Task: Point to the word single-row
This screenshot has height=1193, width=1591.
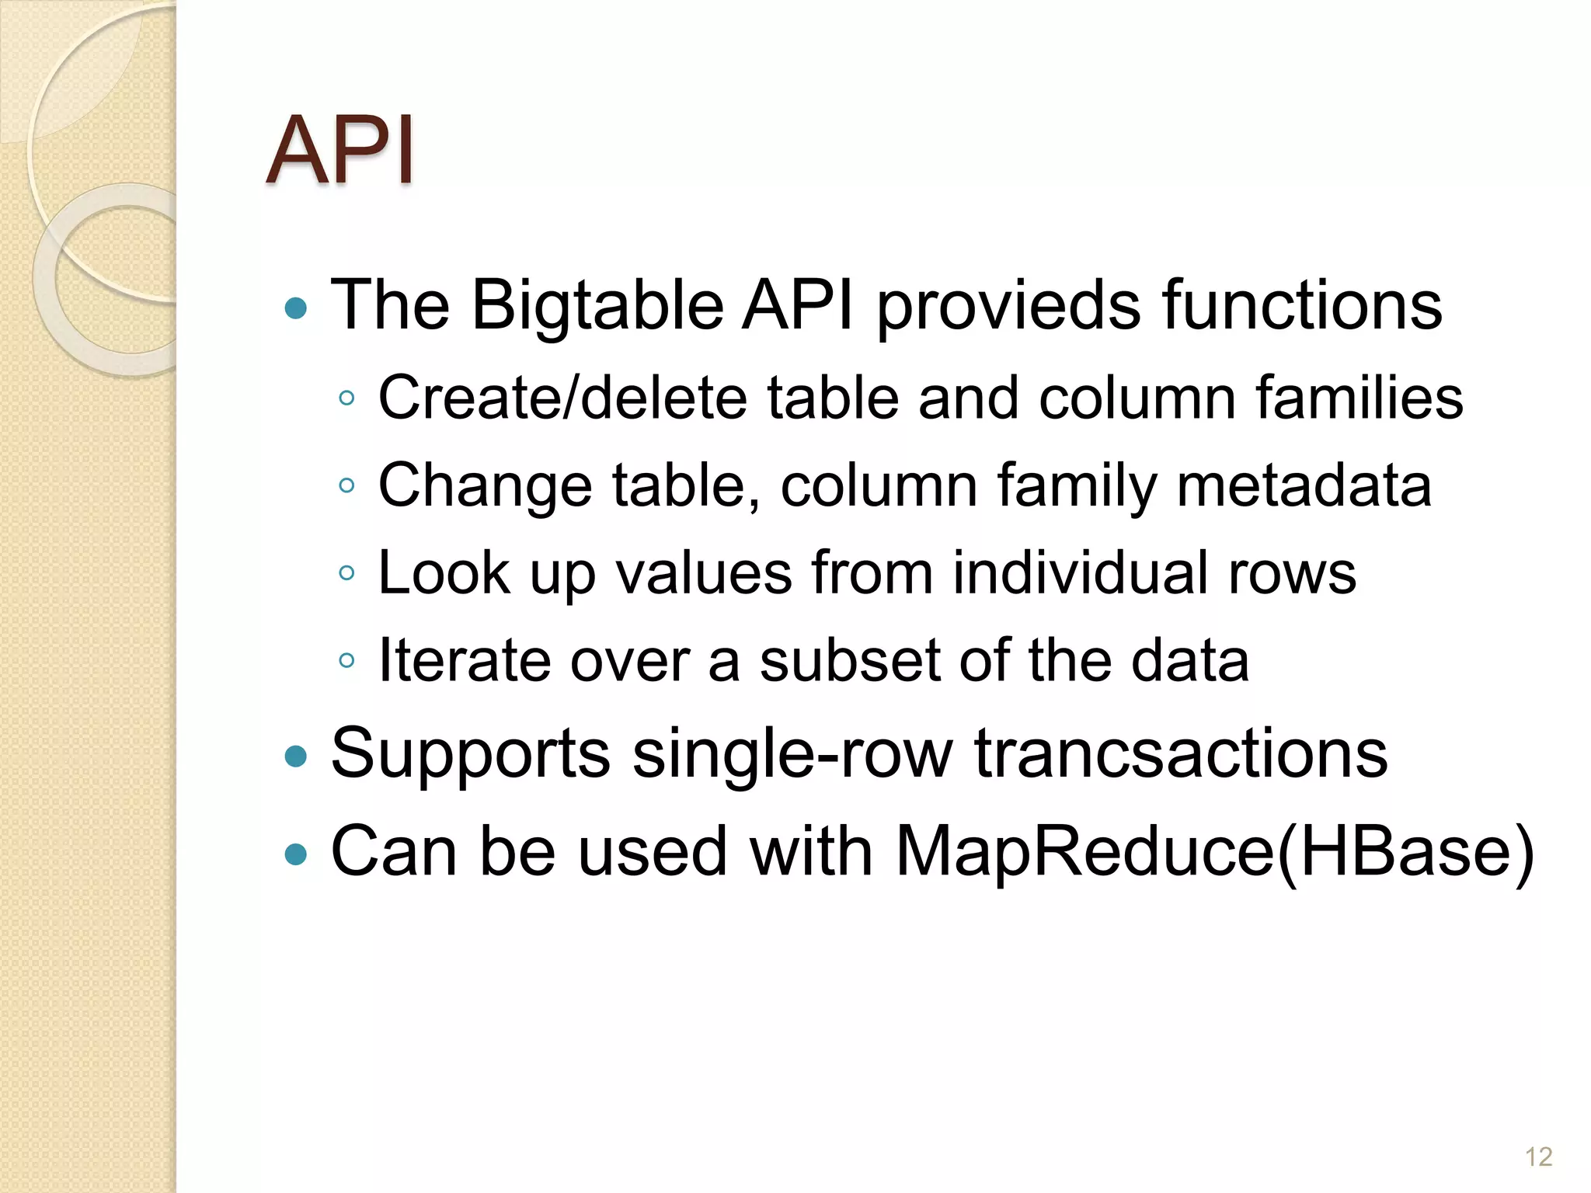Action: (x=792, y=754)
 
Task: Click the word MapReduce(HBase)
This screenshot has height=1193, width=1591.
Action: (x=1214, y=852)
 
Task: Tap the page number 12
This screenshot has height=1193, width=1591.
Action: (x=1538, y=1156)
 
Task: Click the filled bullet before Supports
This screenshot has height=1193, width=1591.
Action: (x=296, y=756)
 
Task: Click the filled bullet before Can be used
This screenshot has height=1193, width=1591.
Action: (x=296, y=854)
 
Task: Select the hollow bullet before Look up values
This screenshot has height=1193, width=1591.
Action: (x=347, y=574)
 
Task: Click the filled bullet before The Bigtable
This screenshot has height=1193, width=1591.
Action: (x=296, y=309)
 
